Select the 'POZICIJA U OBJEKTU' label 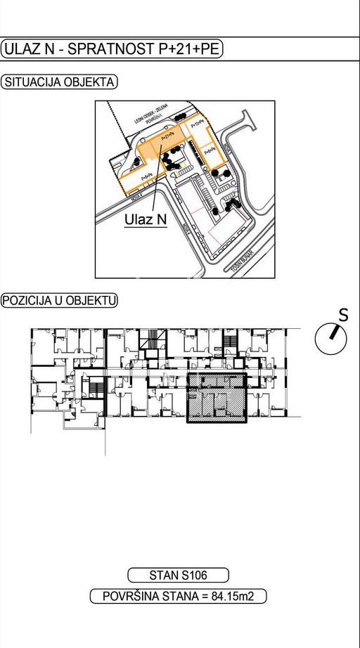59,301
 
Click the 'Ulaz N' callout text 146,219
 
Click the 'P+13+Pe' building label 199,122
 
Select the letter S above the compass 343,316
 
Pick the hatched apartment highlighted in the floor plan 216,398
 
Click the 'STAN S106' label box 178,575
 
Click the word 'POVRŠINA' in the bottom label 131,597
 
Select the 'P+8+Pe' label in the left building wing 148,177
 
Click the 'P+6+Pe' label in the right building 210,150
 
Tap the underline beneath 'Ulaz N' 146,228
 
